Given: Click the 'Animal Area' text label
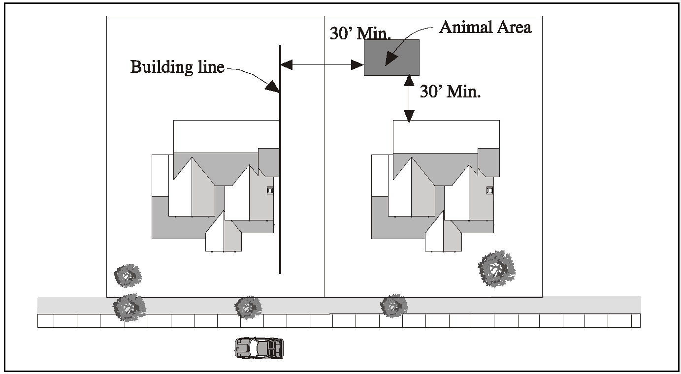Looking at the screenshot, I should click(485, 27).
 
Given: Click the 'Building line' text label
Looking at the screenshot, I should click(177, 66).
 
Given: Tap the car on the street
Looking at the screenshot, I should click(259, 347).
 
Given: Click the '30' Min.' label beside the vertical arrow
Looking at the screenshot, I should click(450, 92).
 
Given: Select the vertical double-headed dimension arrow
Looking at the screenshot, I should click(409, 98).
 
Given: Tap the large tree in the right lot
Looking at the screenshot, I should click(496, 269).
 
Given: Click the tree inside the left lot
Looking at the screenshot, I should click(128, 276).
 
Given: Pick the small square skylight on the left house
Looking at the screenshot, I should click(270, 190).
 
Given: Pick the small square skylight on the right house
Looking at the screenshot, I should click(489, 190).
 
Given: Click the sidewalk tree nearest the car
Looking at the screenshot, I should click(248, 308).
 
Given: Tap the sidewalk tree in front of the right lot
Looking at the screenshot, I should click(394, 306).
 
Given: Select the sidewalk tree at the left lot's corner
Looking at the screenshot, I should click(129, 307).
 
